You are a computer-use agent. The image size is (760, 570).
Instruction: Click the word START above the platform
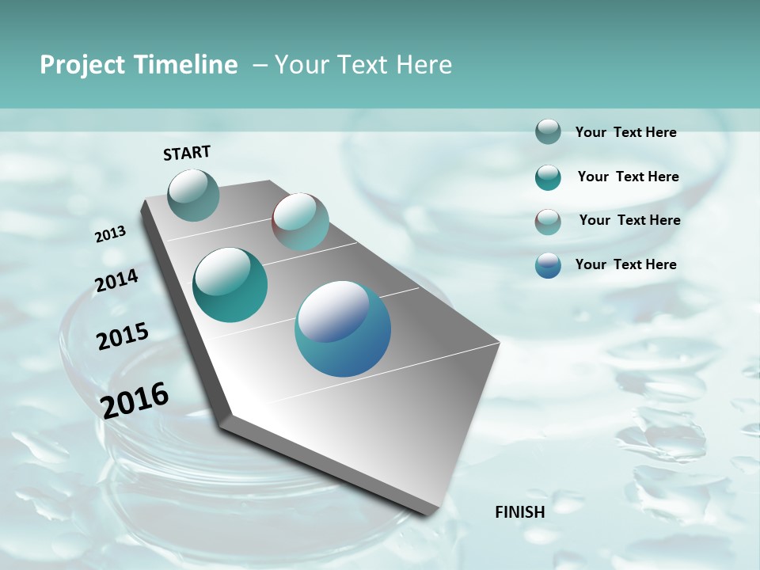[x=187, y=153]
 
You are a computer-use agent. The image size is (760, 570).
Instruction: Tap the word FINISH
[x=519, y=512]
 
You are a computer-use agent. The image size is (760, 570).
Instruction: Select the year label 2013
[x=111, y=234]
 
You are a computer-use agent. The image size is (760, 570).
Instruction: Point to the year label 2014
[x=116, y=281]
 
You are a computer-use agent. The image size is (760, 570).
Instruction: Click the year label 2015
[x=123, y=336]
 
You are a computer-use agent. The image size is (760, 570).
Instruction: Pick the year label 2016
[x=135, y=401]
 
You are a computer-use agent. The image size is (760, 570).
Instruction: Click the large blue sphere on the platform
[x=343, y=328]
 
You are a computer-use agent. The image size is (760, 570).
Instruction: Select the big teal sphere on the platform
[x=230, y=285]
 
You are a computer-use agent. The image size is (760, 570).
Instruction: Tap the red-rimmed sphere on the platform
[x=300, y=222]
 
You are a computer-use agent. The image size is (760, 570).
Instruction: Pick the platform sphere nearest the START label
[x=193, y=195]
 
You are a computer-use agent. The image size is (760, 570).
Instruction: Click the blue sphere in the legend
[x=548, y=265]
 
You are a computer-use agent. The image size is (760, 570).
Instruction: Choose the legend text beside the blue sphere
[x=625, y=264]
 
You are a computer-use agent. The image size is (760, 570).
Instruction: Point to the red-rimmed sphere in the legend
[x=548, y=222]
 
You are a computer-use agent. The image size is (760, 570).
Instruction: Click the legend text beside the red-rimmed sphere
[x=629, y=220]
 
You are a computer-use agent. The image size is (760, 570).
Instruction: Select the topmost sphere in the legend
[x=548, y=131]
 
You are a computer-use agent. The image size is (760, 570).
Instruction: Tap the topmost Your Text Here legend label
[x=625, y=132]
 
